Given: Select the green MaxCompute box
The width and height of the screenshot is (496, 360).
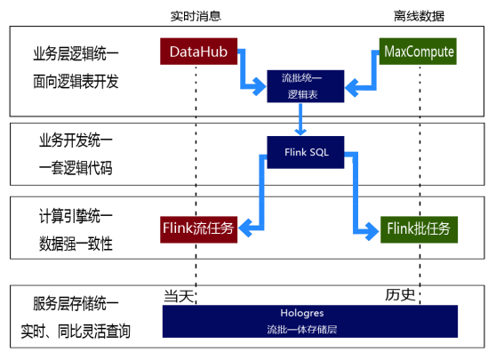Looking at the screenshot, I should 419,52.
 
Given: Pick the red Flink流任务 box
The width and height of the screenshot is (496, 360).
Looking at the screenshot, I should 197,228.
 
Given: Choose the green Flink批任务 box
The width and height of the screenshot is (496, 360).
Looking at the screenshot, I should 419,228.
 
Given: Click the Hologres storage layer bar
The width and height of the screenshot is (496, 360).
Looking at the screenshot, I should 309,321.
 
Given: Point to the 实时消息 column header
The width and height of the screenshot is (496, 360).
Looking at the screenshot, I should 196,15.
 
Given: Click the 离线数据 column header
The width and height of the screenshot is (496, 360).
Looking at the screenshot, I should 418,15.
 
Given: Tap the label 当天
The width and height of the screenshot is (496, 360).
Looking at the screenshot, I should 179,295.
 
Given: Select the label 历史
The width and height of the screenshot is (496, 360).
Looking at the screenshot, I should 399,295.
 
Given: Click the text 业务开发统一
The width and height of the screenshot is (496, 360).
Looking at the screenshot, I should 76,140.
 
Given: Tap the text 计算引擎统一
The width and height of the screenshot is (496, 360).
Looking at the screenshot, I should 76,216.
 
